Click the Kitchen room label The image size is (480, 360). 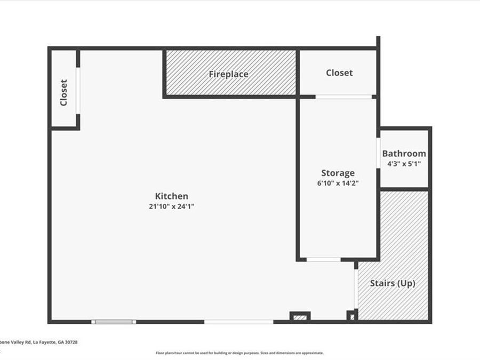click(x=171, y=196)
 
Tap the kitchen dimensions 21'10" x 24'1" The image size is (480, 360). click(x=171, y=206)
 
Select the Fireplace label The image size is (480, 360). click(x=228, y=74)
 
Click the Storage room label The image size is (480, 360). click(x=338, y=173)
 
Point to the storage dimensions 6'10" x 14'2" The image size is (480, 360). click(x=338, y=183)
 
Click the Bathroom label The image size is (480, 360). click(x=404, y=154)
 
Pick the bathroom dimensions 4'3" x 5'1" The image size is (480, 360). click(x=404, y=164)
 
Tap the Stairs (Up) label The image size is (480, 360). click(x=393, y=283)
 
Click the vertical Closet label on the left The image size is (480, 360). click(x=63, y=92)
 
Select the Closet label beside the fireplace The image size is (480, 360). click(x=339, y=73)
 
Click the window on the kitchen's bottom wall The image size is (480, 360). click(x=113, y=322)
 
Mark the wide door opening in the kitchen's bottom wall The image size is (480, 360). click(x=238, y=322)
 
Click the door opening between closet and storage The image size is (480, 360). click(x=343, y=97)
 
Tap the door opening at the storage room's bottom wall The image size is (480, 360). click(x=323, y=260)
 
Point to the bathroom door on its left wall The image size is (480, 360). click(x=378, y=154)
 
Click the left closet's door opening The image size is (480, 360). click(x=78, y=90)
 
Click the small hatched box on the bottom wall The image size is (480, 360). click(x=300, y=317)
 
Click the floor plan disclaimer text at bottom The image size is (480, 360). click(x=239, y=353)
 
